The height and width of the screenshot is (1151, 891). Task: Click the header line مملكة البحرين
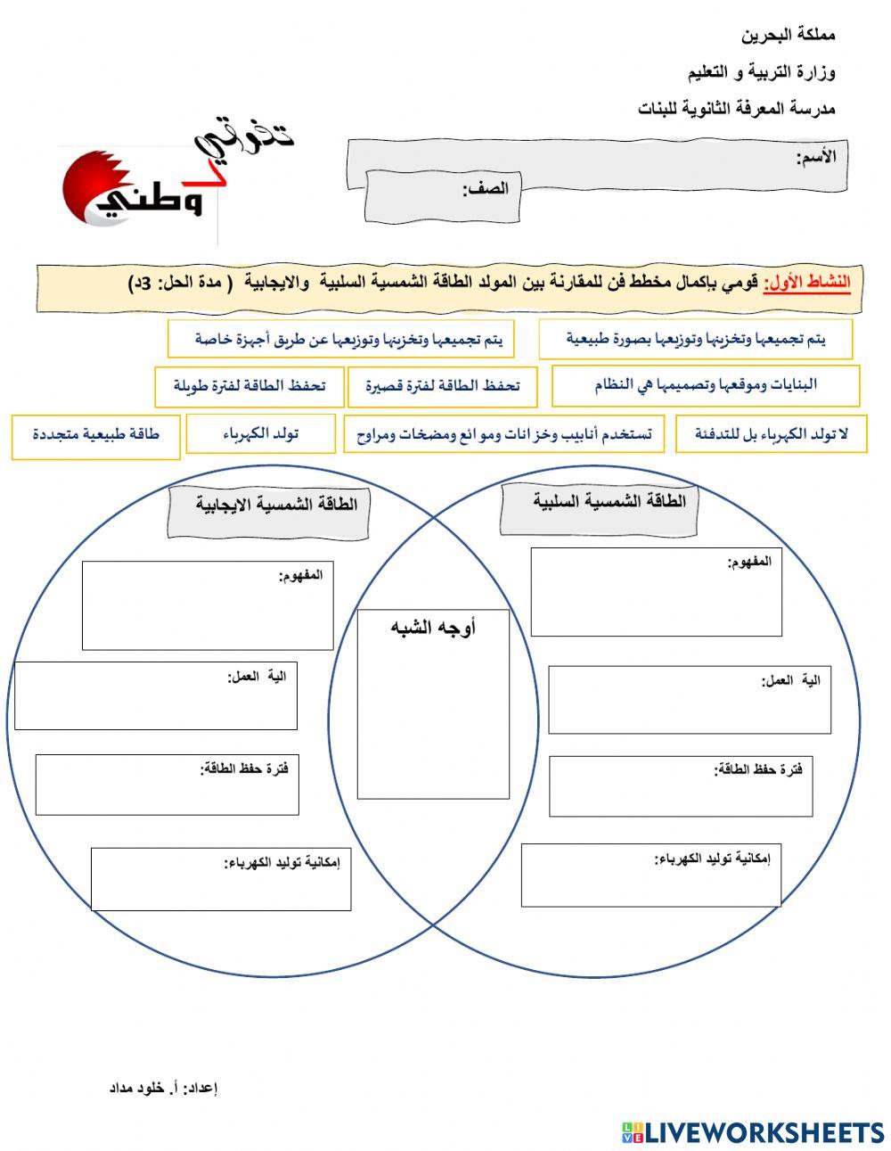[x=788, y=37]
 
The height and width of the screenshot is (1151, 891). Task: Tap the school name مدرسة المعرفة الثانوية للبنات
[x=736, y=109]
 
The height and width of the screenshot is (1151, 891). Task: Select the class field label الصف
[x=485, y=188]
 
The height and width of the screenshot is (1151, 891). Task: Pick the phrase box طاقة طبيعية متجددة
[x=95, y=435]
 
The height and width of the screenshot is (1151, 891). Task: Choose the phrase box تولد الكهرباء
[x=260, y=434]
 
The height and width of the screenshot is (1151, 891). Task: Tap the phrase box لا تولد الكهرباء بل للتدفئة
[x=771, y=434]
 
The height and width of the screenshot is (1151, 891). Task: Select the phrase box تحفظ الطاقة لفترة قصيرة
[x=442, y=386]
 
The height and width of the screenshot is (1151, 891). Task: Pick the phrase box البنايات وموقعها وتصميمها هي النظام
[x=705, y=385]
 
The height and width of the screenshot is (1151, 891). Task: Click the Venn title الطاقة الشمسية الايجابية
[x=276, y=505]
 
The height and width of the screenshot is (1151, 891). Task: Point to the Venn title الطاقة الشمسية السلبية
[x=609, y=501]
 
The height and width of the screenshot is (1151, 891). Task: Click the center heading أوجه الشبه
[x=433, y=628]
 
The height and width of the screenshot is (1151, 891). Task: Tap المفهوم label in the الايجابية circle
[x=301, y=575]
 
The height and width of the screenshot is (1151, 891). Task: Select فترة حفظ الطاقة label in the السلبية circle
[x=758, y=769]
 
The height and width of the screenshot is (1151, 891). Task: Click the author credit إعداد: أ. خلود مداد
[x=163, y=1088]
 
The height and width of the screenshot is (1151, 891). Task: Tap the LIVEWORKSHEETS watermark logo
[x=752, y=1132]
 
